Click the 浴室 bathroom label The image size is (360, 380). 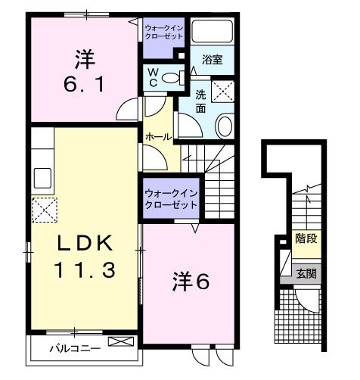point(211,59)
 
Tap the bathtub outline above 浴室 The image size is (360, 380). point(211,31)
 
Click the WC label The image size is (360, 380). point(153,77)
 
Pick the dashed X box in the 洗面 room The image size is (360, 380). point(223,92)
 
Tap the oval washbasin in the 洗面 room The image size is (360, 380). point(225,126)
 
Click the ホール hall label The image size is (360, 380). point(158,137)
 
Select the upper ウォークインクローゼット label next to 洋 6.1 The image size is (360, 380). point(163,32)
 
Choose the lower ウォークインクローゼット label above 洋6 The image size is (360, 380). point(171,198)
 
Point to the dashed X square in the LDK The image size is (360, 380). point(43,208)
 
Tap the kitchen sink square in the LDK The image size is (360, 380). point(42,177)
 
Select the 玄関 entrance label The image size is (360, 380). point(306,273)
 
